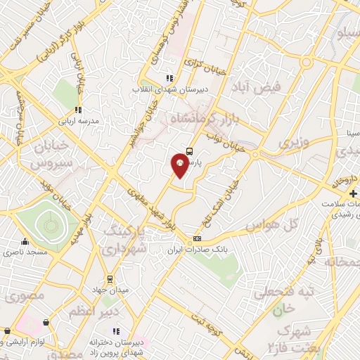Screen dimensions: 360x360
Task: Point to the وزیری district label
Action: tap(294, 143)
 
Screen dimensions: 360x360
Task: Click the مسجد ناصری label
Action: tap(25, 251)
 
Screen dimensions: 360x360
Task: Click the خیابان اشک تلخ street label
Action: tap(221, 197)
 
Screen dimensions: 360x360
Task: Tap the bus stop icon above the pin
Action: tap(190, 151)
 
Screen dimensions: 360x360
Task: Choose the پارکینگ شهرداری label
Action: tap(127, 240)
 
